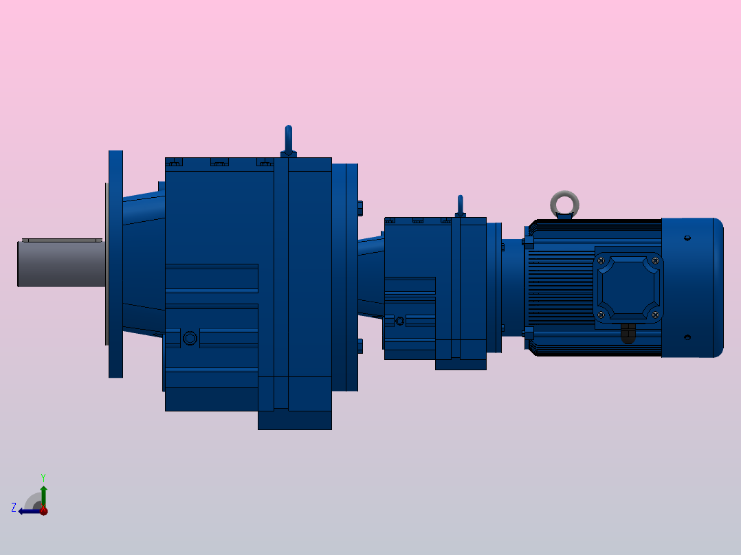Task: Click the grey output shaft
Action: coord(60,264)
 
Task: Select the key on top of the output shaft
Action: coord(62,240)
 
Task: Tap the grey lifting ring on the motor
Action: coord(565,204)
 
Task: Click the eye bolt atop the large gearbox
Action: coord(289,140)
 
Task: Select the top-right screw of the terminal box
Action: coord(655,260)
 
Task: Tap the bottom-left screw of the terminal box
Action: coord(601,315)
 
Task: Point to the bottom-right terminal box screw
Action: coord(655,315)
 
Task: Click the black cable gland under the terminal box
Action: coord(628,333)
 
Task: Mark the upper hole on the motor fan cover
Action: coord(687,238)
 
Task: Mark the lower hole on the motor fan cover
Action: coord(687,337)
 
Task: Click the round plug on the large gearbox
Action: coord(190,338)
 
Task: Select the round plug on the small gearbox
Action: coord(399,320)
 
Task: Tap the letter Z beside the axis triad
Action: coord(14,508)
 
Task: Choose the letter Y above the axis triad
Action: coord(43,477)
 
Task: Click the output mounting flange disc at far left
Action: coord(115,264)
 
